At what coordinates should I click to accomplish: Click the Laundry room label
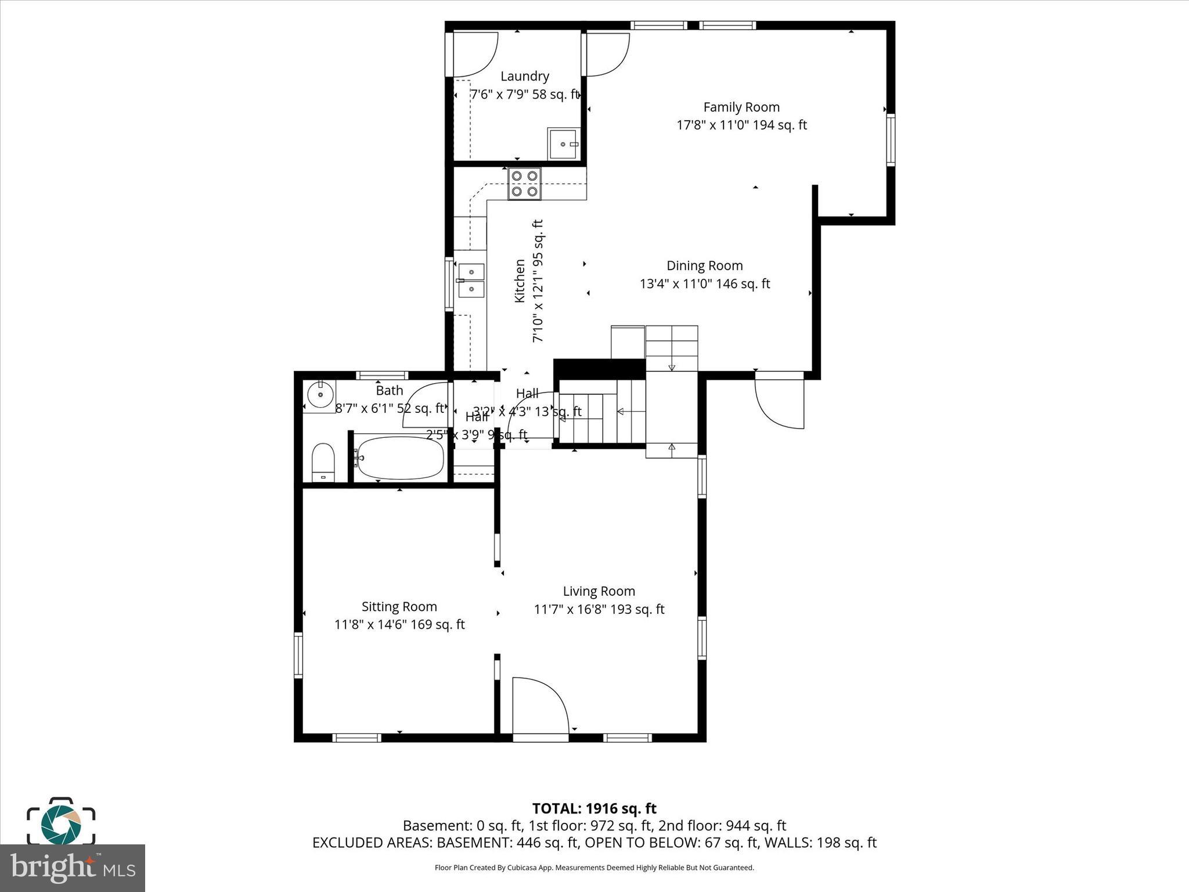pyautogui.click(x=524, y=76)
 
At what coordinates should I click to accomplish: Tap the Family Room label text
pyautogui.click(x=741, y=107)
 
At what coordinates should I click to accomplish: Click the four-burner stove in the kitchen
pyautogui.click(x=524, y=184)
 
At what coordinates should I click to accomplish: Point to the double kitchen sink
pyautogui.click(x=471, y=280)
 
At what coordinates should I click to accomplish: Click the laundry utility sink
pyautogui.click(x=563, y=143)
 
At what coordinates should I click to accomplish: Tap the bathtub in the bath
pyautogui.click(x=400, y=458)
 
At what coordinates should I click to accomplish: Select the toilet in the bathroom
pyautogui.click(x=323, y=462)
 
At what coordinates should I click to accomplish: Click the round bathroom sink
pyautogui.click(x=320, y=395)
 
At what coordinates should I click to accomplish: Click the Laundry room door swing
pyautogui.click(x=473, y=54)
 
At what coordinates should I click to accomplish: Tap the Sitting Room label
pyautogui.click(x=399, y=607)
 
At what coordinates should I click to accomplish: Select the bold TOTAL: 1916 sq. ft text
pyautogui.click(x=594, y=808)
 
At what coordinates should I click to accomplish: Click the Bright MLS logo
pyautogui.click(x=73, y=868)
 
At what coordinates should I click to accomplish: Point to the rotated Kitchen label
pyautogui.click(x=520, y=280)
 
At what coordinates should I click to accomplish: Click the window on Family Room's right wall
pyautogui.click(x=890, y=140)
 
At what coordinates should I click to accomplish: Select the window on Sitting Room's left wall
pyautogui.click(x=298, y=655)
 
